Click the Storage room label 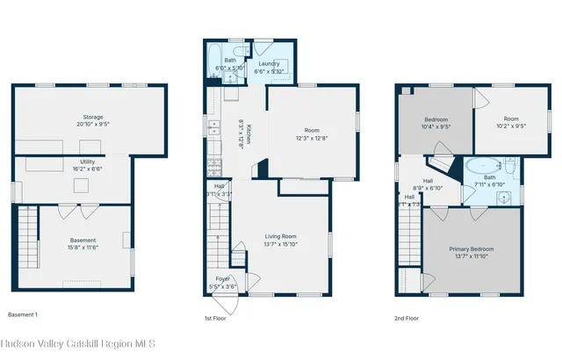93,117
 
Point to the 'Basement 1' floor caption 24,314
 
